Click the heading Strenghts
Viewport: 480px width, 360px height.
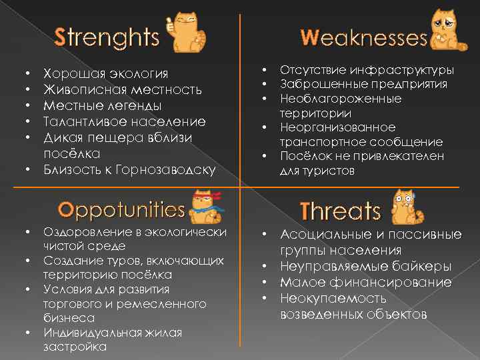point(107,37)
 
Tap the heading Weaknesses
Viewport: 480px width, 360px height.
point(363,37)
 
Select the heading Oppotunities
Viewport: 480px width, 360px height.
point(121,210)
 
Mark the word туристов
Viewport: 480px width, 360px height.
point(331,171)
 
